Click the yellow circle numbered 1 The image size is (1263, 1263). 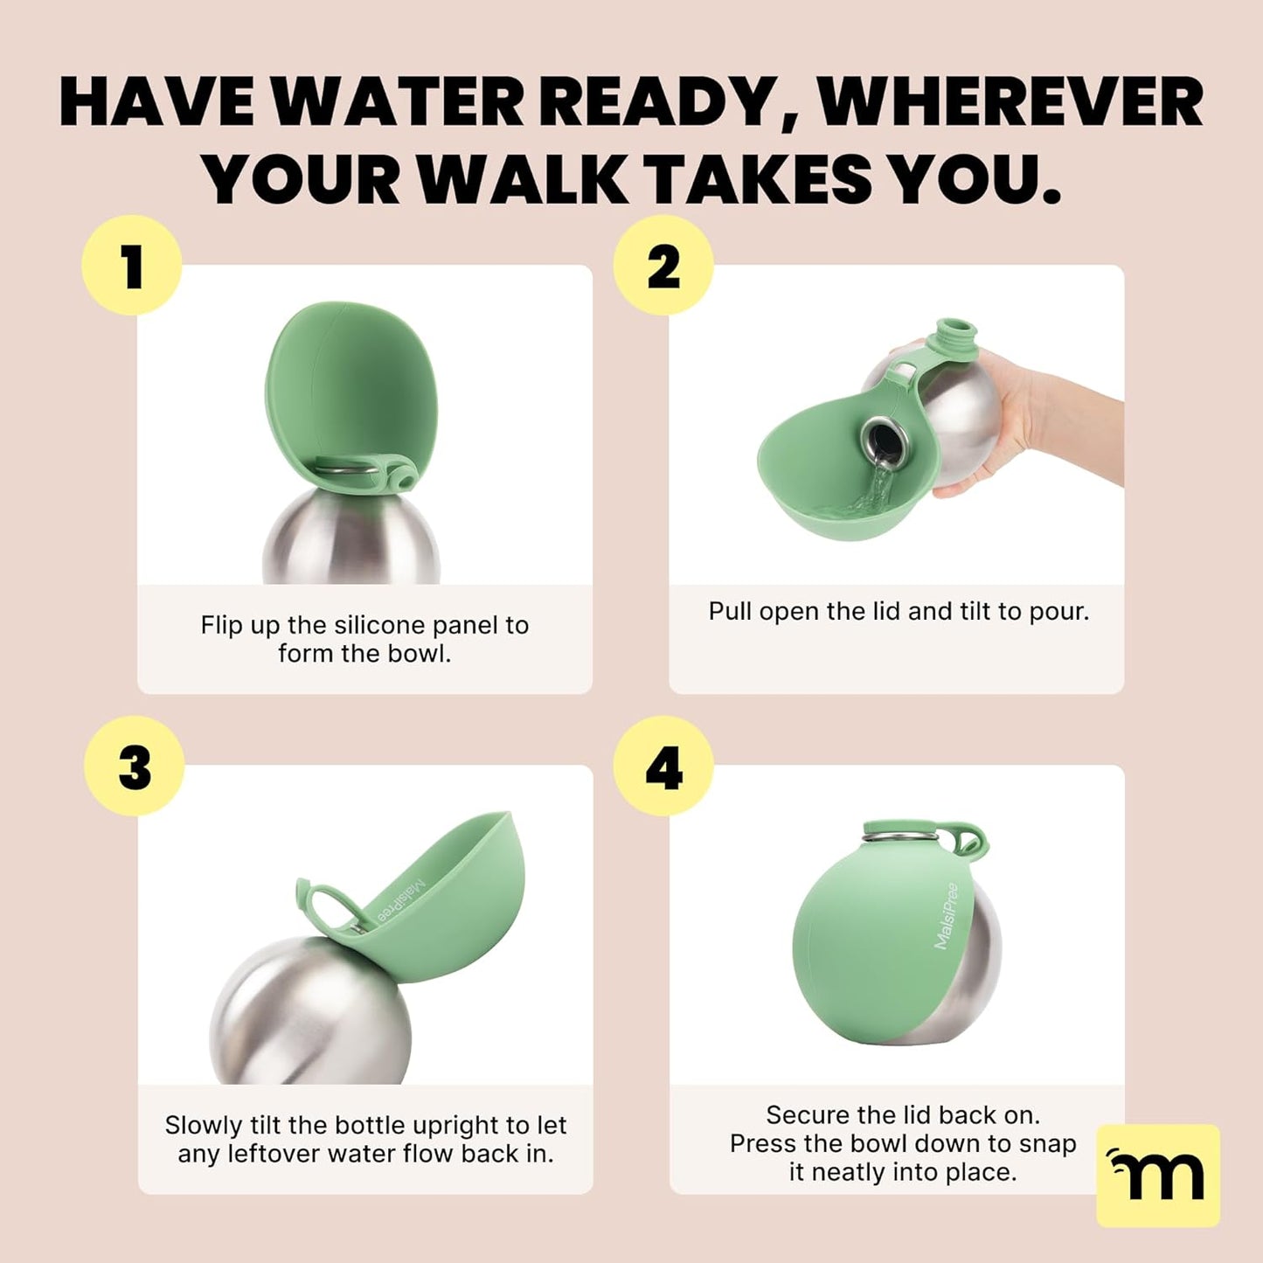click(131, 266)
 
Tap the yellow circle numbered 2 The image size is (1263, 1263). click(663, 266)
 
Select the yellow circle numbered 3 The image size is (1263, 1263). click(135, 767)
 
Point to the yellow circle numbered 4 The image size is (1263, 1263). click(663, 767)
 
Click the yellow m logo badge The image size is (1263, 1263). click(1157, 1174)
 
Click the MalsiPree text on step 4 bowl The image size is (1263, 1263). click(947, 916)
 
